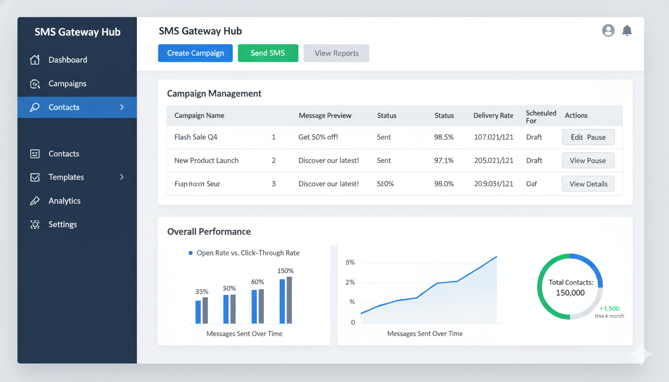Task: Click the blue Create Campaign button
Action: (x=195, y=53)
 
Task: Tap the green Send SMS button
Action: (x=268, y=53)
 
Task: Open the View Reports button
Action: (x=336, y=53)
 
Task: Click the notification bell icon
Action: (x=627, y=30)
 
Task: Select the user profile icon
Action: (x=608, y=30)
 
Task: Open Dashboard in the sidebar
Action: (x=68, y=60)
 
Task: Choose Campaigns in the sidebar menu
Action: (x=67, y=84)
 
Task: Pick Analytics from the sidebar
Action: (x=64, y=201)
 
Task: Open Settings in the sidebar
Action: (x=63, y=224)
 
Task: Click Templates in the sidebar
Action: (x=66, y=177)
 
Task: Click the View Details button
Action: (x=588, y=184)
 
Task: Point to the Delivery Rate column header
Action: (x=493, y=115)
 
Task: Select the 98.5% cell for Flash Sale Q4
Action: (x=444, y=137)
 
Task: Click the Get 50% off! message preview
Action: (x=318, y=137)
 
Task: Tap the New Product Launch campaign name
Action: (x=206, y=161)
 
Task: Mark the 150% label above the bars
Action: (x=285, y=271)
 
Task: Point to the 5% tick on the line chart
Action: (x=350, y=263)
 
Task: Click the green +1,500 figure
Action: (x=610, y=308)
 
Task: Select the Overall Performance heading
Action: (x=209, y=232)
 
